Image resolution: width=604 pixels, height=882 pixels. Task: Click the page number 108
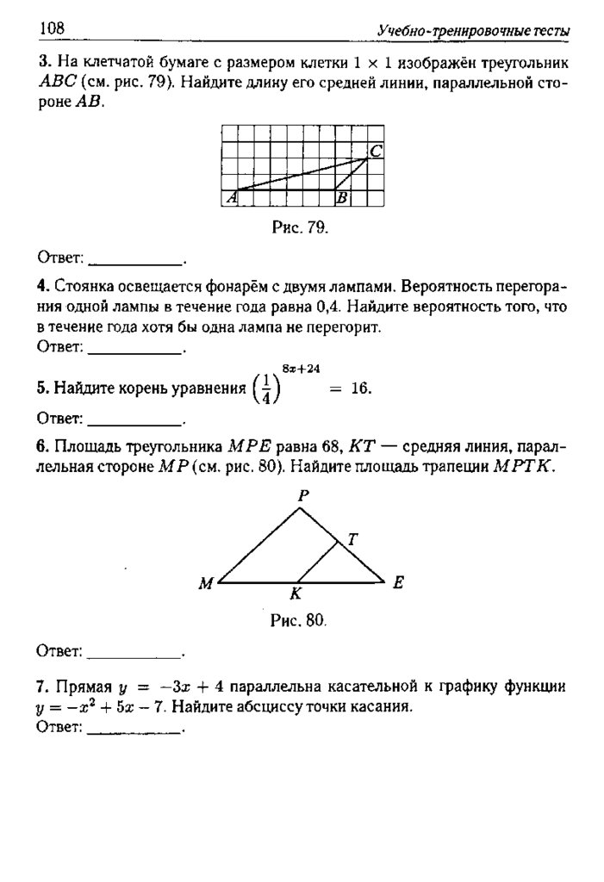coord(52,29)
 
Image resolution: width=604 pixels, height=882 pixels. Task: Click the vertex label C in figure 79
coord(377,152)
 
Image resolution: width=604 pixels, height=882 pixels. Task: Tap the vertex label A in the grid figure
coord(230,198)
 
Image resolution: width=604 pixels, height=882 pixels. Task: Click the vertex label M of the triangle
coord(206,584)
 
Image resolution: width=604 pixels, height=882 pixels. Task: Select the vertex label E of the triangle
coord(398,582)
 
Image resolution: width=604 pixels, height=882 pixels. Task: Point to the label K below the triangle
coord(296,594)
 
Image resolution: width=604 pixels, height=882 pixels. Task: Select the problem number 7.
coord(41,687)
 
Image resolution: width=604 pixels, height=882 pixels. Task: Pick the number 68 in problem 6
coord(331,447)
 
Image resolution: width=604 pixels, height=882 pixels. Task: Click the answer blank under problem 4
coord(136,350)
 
